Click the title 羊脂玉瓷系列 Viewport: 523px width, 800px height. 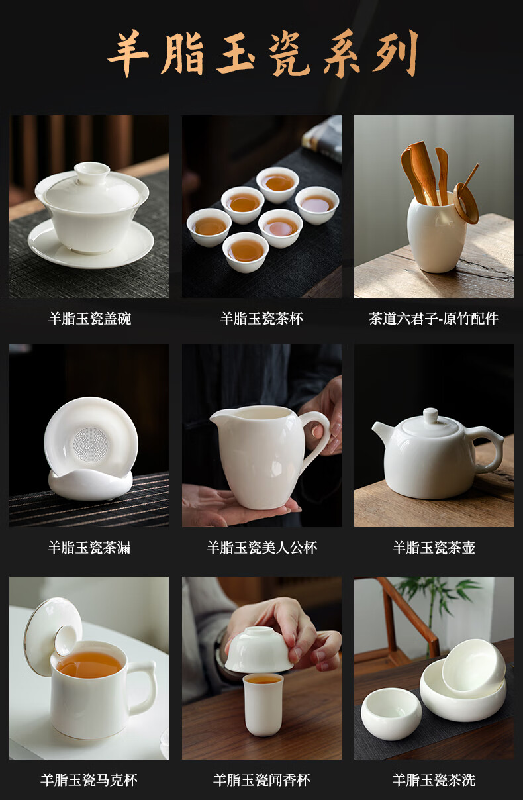click(262, 54)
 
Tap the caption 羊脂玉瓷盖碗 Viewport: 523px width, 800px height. click(89, 319)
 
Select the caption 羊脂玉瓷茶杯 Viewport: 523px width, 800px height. click(261, 319)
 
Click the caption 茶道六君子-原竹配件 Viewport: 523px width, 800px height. click(434, 319)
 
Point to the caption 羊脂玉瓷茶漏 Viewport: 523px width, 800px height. click(89, 547)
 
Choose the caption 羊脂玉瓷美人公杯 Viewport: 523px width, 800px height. click(261, 547)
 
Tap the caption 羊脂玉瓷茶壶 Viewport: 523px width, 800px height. click(434, 547)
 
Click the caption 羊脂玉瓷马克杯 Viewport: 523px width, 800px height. click(89, 780)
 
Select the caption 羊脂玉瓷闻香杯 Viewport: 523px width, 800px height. click(261, 780)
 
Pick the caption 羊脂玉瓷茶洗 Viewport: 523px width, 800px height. click(434, 780)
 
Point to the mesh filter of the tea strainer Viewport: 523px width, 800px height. click(91, 444)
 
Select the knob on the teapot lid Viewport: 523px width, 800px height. click(430, 415)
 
